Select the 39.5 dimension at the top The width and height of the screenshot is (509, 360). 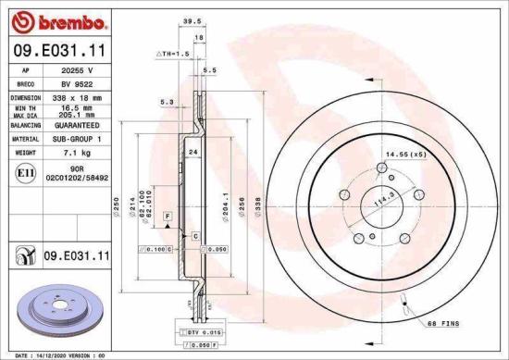click(x=192, y=18)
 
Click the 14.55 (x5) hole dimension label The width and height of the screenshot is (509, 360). click(x=405, y=153)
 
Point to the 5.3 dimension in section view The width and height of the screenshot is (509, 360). click(x=167, y=103)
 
